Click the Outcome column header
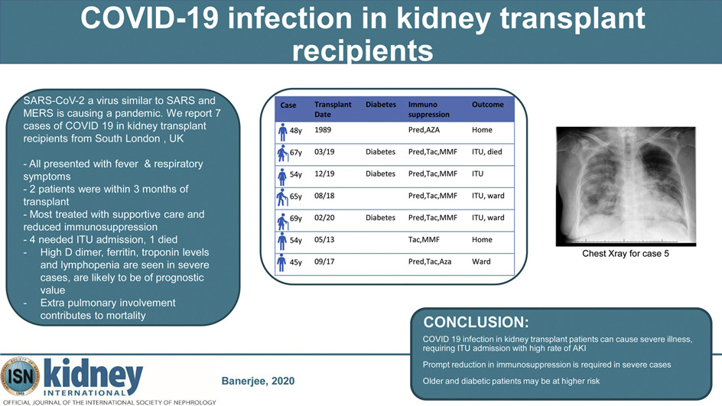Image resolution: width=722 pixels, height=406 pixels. (x=487, y=105)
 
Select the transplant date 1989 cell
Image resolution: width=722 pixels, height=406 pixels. (x=323, y=130)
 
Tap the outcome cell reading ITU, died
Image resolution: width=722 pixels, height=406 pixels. (x=486, y=152)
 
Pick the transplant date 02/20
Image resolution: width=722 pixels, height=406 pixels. (x=324, y=218)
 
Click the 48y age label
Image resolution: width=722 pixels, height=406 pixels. (x=296, y=131)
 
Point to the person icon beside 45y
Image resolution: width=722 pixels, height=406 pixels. (x=281, y=262)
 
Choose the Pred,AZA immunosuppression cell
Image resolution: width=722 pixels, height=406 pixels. (x=424, y=130)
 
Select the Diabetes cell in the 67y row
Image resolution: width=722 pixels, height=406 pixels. (x=380, y=152)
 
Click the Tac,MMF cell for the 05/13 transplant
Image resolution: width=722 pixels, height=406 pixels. (x=424, y=240)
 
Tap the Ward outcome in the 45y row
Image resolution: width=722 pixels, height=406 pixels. (x=481, y=261)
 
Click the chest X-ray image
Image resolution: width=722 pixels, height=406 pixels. (x=626, y=187)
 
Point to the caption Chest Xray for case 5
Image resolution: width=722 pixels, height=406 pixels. (x=626, y=254)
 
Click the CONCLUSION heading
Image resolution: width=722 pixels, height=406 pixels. (x=476, y=322)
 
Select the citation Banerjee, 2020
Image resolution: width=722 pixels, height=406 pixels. (x=258, y=381)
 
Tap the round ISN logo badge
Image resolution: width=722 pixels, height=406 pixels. (x=20, y=376)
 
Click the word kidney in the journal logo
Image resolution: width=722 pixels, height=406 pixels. (x=93, y=374)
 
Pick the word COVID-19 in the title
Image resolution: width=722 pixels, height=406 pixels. (x=148, y=18)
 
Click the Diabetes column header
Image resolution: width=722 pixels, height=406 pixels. (x=381, y=105)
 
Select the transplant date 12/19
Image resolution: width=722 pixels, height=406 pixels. (x=324, y=174)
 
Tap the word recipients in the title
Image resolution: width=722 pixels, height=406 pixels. (x=363, y=50)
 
